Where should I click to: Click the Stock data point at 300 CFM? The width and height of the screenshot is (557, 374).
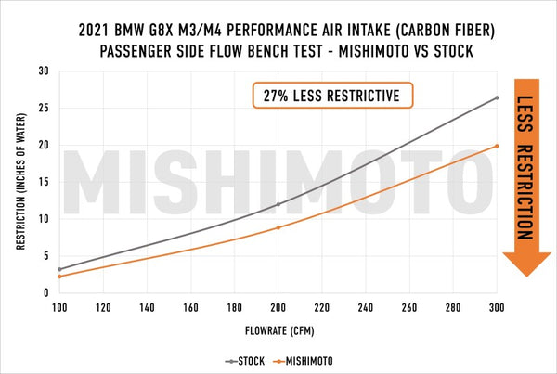[x=497, y=97]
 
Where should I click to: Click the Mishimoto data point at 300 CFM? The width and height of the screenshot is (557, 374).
[x=497, y=146]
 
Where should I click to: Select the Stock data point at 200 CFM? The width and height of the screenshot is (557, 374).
[x=278, y=204]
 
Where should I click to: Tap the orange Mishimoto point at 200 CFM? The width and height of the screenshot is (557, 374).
[x=278, y=227]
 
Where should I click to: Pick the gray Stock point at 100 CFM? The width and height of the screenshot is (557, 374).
[x=59, y=269]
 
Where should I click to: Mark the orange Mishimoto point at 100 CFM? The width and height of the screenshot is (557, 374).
[x=59, y=277]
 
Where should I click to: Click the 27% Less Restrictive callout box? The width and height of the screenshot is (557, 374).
[x=332, y=96]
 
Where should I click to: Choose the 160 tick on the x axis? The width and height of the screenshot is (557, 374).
[x=190, y=306]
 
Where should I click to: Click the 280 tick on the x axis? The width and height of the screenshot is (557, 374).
[x=453, y=306]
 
